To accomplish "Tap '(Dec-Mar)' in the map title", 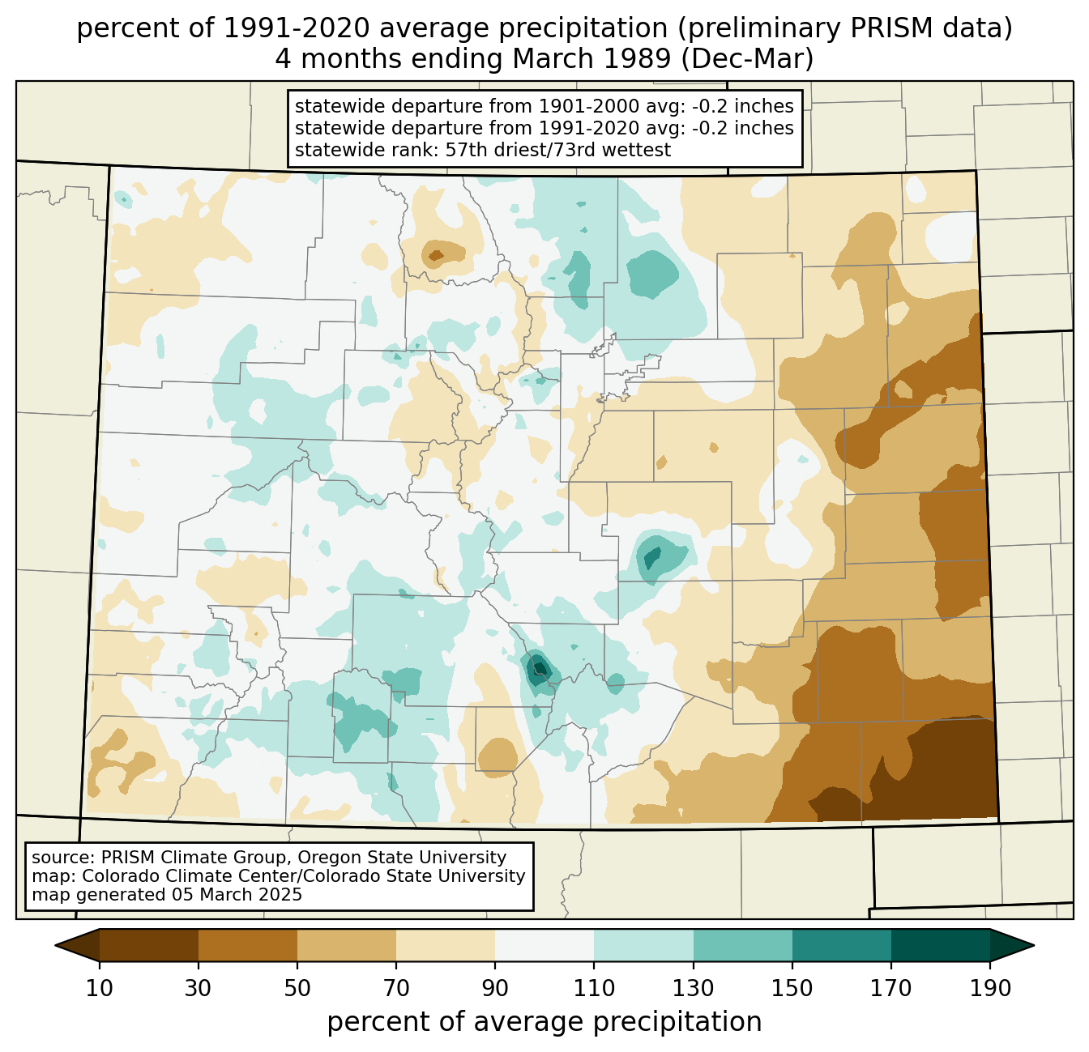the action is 747,59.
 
